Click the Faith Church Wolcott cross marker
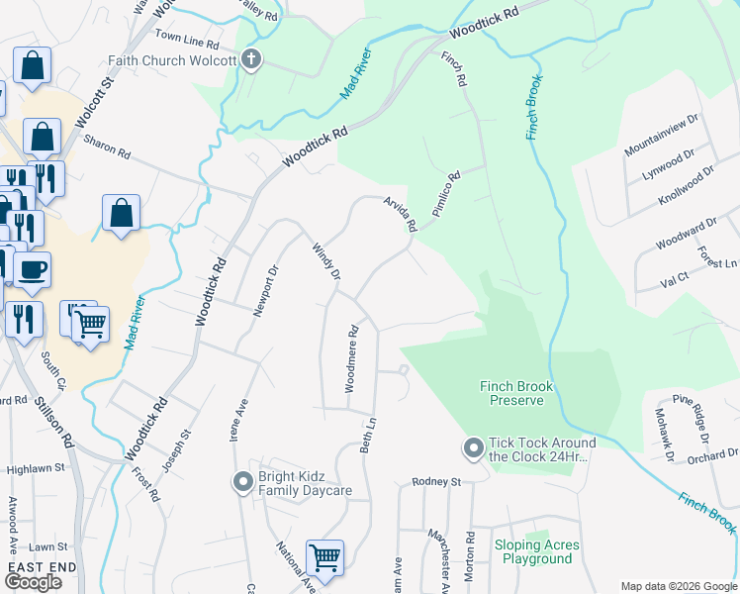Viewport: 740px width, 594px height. [x=251, y=59]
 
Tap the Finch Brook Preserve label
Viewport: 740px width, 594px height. [x=516, y=393]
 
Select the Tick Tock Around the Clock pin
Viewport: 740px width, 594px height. [x=473, y=449]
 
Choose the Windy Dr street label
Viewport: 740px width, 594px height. [x=327, y=260]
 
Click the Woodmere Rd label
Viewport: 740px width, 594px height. [x=351, y=359]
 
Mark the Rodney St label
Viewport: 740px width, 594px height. [x=437, y=482]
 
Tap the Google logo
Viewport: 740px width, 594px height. [x=33, y=581]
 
